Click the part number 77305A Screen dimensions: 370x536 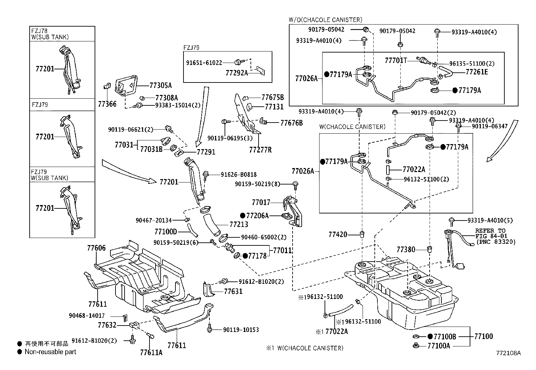click(160, 85)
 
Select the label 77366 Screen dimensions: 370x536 click(107, 104)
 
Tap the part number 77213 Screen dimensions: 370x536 click(239, 224)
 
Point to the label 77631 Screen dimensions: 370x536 click(233, 291)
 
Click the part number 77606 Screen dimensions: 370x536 click(96, 248)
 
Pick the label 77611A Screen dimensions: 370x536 click(151, 352)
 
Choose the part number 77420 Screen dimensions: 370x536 click(338, 234)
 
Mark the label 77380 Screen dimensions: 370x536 click(406, 249)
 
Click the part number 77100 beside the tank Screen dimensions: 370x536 click(483, 336)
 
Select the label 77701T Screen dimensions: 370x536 click(396, 60)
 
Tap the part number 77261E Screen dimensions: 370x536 click(477, 72)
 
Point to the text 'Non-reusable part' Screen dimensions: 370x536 click(51, 352)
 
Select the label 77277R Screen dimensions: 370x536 click(260, 150)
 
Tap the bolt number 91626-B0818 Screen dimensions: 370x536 click(239, 174)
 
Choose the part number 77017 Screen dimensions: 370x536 click(261, 202)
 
